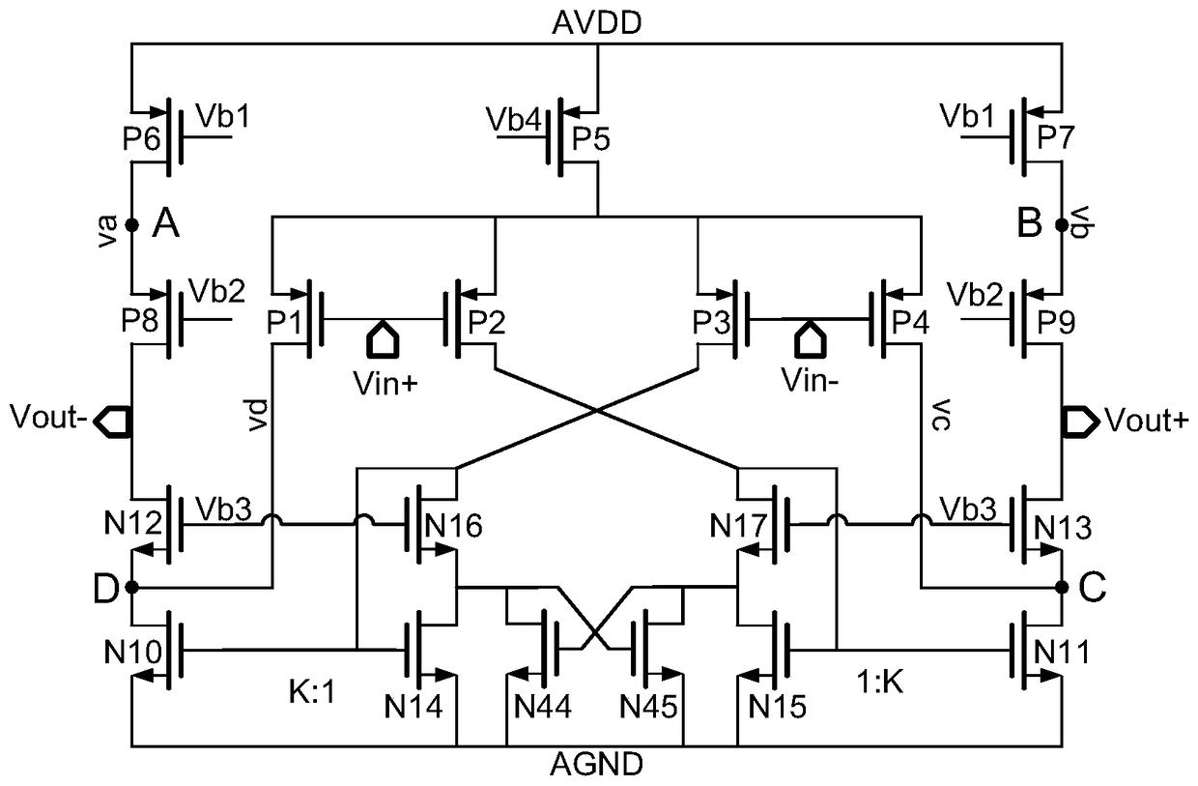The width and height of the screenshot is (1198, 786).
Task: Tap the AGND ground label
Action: coord(598,765)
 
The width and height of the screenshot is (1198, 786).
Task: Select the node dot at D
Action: coord(131,586)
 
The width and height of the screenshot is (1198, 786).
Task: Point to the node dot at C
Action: coord(1061,586)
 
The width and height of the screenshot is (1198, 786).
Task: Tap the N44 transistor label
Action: coord(542,708)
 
